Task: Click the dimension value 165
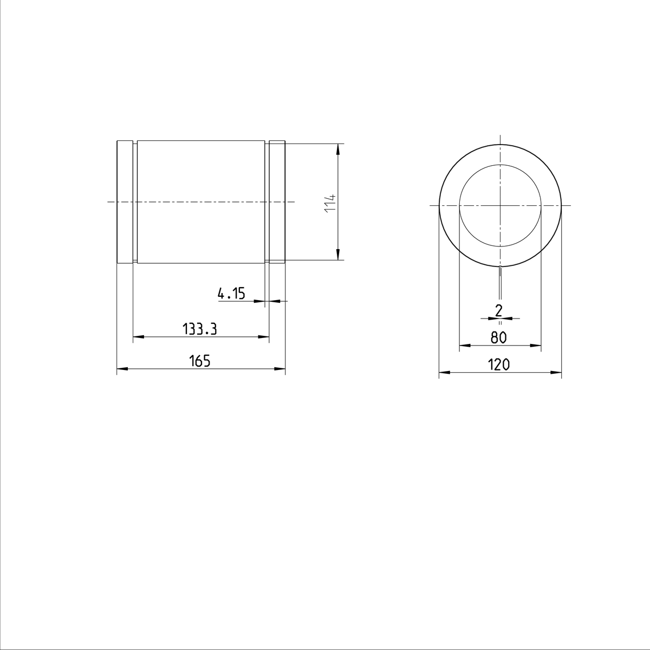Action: coord(199,361)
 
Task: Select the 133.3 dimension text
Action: coord(199,329)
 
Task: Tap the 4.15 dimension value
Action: coord(231,294)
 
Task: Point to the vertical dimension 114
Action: coord(331,203)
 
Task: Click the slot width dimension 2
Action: coord(499,310)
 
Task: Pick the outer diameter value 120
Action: coord(499,365)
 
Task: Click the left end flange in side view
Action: coord(125,202)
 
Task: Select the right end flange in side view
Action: coord(277,202)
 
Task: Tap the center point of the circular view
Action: coord(500,206)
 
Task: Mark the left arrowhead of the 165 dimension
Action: coord(122,369)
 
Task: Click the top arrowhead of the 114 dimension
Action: coord(337,148)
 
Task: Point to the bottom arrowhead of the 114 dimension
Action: coord(337,255)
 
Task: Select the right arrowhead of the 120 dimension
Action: coord(556,372)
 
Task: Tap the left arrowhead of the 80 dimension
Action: coord(464,345)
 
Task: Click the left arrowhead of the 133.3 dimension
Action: coord(138,337)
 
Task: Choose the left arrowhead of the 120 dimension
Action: coord(444,372)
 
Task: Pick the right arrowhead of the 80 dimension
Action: coord(536,345)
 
